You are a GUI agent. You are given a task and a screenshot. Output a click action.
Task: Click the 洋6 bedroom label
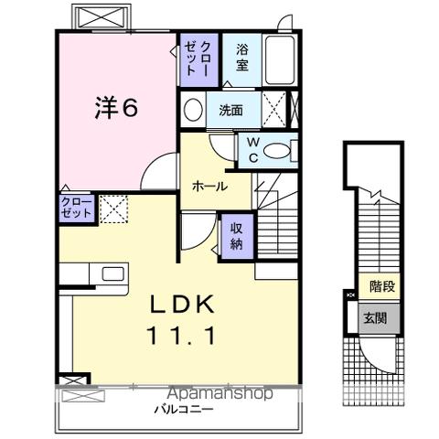(x=116, y=107)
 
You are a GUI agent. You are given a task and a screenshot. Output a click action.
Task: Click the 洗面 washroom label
(x=230, y=112)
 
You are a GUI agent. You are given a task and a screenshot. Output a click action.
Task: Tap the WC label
(x=251, y=150)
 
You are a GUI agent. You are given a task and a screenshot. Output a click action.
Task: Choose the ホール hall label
(x=209, y=186)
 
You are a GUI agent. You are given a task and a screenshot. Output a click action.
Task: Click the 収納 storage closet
(x=236, y=236)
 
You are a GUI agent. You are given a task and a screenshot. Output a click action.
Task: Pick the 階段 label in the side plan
(x=383, y=287)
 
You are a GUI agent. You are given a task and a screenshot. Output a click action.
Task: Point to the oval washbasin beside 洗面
(x=193, y=112)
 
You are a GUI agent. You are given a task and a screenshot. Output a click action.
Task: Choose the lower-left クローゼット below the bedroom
(x=77, y=208)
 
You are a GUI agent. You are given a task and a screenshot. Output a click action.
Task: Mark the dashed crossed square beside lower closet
(x=113, y=208)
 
